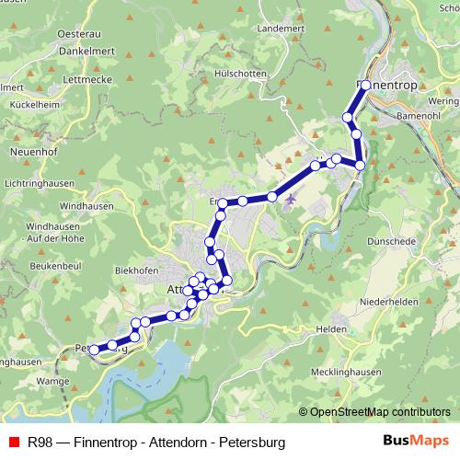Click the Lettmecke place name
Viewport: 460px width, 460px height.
[x=62, y=80]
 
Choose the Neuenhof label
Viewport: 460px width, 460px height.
[x=35, y=149]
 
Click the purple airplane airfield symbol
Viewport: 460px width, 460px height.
[x=292, y=199]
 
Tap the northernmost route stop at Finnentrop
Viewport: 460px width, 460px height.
[x=365, y=85]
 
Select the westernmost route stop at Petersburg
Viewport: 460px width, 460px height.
[x=94, y=350]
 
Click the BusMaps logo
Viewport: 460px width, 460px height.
[x=417, y=442]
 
